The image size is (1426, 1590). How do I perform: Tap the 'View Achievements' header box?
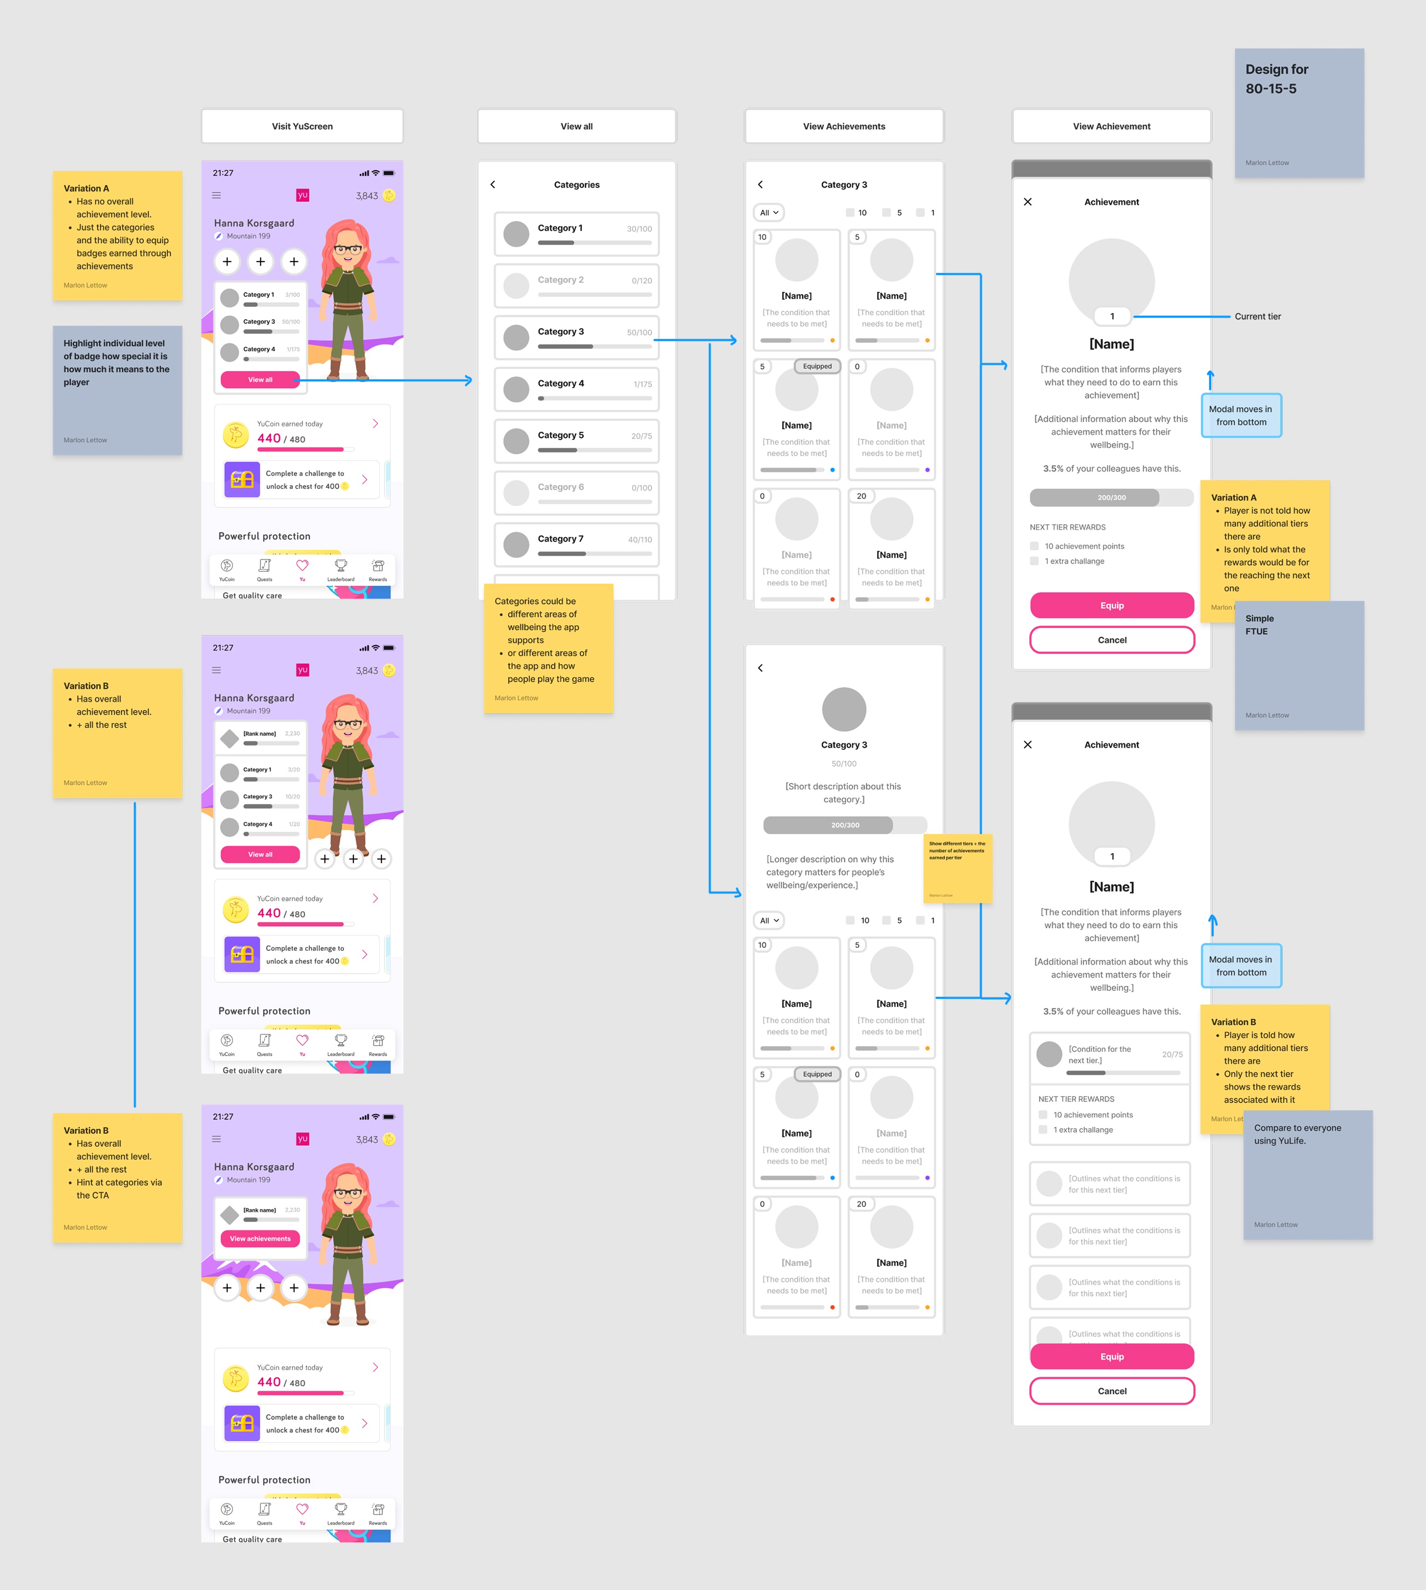click(844, 126)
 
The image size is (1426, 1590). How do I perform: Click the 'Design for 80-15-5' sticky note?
click(1299, 113)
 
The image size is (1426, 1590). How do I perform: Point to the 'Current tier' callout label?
click(1258, 316)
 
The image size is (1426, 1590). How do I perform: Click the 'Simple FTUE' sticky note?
click(1299, 665)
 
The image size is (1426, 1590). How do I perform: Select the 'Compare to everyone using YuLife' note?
click(1308, 1175)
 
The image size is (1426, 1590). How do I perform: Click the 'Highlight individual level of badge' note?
click(118, 389)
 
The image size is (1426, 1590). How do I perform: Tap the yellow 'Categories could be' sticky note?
click(549, 648)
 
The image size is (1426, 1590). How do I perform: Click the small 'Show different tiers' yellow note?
click(958, 868)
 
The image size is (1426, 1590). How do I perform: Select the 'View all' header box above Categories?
click(577, 126)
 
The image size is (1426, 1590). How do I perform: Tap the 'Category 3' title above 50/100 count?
click(844, 745)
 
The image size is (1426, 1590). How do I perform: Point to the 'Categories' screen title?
click(577, 185)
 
